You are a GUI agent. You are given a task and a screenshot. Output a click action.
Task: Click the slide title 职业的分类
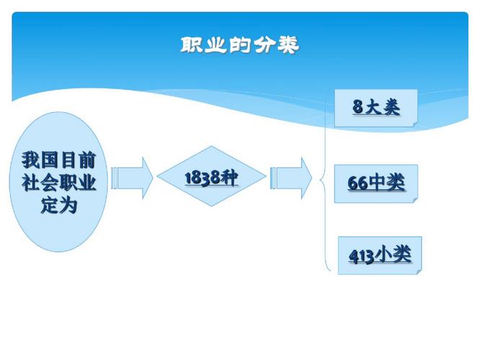pos(240,45)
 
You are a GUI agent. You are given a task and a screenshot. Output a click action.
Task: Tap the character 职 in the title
pos(190,45)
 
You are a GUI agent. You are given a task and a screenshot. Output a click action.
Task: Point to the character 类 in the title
pos(288,45)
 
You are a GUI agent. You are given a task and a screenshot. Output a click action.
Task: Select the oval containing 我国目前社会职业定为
pos(58,181)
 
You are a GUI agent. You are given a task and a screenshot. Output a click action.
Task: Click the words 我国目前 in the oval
pos(58,161)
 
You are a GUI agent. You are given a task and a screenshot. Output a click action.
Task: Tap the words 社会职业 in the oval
pos(58,183)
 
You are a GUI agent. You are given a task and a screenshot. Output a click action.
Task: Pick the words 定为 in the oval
pos(58,205)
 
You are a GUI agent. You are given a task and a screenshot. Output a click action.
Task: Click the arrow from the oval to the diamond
pos(132,178)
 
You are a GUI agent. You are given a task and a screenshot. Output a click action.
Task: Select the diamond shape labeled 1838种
pos(211,176)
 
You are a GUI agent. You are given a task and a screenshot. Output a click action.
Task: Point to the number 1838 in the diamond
pos(203,178)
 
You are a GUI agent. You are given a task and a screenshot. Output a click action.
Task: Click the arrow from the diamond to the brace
pos(291,178)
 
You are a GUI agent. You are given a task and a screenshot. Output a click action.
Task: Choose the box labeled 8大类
pos(376,108)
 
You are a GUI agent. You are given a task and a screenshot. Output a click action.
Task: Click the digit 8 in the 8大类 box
pos(357,107)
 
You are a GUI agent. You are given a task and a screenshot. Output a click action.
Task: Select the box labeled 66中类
pos(376,184)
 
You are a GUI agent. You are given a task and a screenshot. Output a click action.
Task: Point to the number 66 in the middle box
pos(358,183)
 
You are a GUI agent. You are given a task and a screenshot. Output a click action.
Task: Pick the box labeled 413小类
pos(380,256)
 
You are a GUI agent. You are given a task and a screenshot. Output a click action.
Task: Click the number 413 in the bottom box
pos(362,256)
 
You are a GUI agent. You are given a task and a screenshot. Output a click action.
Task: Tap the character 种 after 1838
pos(230,177)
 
